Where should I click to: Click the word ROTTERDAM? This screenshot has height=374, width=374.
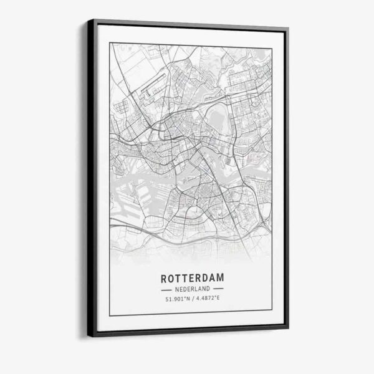pos(191,277)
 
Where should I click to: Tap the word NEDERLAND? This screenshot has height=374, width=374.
pos(191,290)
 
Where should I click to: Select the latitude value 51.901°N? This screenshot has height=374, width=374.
pos(176,300)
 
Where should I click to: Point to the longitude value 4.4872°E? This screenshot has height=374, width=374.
pos(208,300)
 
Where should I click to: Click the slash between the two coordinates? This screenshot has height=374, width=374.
pos(192,300)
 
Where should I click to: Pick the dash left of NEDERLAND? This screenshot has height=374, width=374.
pos(167,290)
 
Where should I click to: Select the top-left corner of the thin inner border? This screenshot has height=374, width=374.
pos(110,42)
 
